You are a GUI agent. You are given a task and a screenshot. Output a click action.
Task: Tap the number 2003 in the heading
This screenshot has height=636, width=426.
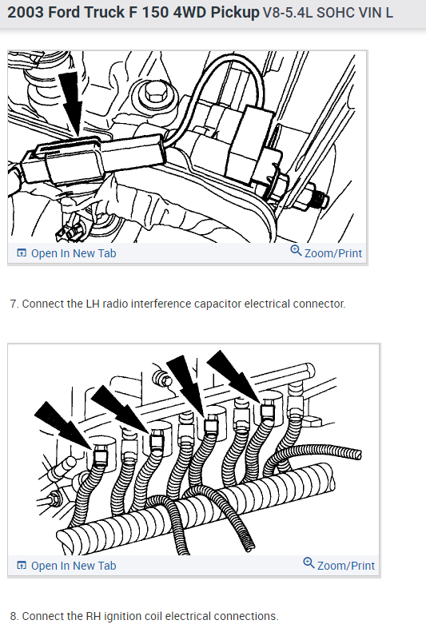pyautogui.click(x=26, y=13)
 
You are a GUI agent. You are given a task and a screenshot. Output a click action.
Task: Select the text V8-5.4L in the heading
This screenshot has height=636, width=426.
pyautogui.click(x=288, y=13)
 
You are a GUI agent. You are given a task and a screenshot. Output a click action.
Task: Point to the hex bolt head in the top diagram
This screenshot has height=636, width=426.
pyautogui.click(x=156, y=93)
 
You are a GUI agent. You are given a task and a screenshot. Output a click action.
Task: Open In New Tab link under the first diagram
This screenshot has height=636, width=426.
pyautogui.click(x=66, y=253)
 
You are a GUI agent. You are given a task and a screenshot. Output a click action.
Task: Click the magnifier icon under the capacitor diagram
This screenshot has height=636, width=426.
pyautogui.click(x=296, y=251)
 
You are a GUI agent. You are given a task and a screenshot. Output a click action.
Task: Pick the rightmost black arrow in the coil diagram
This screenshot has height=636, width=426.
pyautogui.click(x=235, y=376)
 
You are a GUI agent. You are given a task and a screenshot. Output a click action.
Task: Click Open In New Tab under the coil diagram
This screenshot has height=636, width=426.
pyautogui.click(x=66, y=566)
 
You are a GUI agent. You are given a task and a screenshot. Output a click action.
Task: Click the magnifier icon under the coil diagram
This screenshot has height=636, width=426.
pyautogui.click(x=309, y=563)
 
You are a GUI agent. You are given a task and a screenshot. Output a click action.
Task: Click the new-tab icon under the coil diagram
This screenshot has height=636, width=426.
pyautogui.click(x=22, y=565)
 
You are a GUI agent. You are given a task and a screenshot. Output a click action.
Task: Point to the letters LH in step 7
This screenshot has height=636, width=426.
pyautogui.click(x=93, y=304)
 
